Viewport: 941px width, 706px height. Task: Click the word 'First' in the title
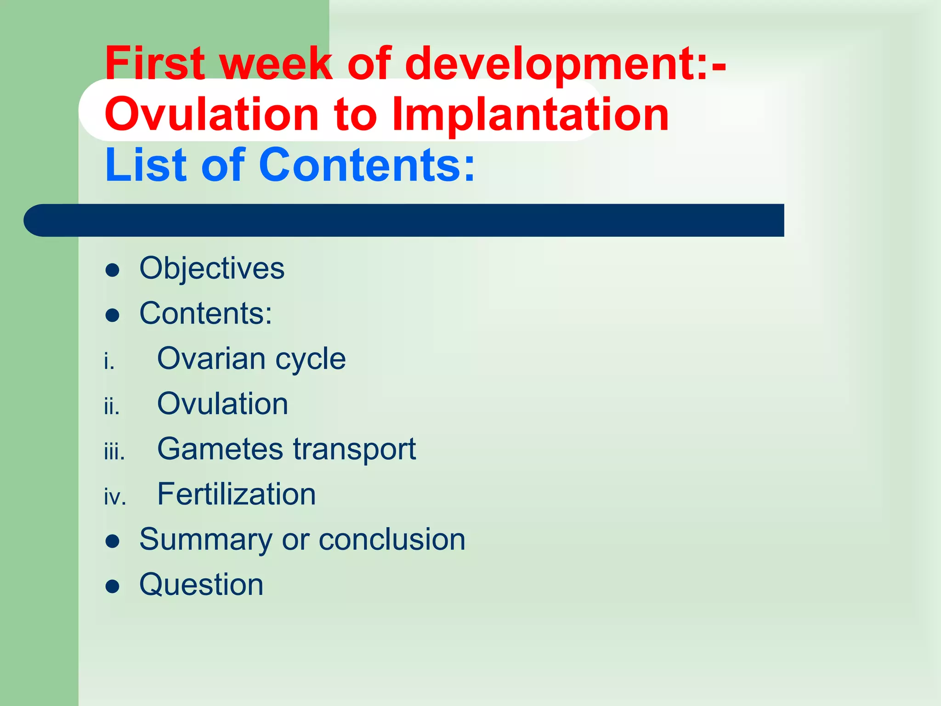click(x=154, y=63)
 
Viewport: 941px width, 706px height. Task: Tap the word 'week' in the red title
click(x=276, y=63)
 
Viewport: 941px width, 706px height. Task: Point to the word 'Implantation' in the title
click(x=530, y=115)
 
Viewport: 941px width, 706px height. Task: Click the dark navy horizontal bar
click(x=404, y=220)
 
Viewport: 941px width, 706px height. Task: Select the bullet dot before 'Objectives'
click(x=113, y=270)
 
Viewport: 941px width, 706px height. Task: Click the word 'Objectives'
click(x=212, y=268)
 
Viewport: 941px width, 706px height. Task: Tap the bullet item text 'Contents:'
click(x=206, y=313)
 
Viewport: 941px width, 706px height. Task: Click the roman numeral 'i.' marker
click(x=109, y=362)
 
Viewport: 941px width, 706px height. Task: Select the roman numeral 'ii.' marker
click(x=112, y=407)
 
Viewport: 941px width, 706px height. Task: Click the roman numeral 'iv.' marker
click(x=115, y=497)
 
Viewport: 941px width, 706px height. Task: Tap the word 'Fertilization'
click(x=237, y=494)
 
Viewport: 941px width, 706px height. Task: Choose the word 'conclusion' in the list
click(x=392, y=539)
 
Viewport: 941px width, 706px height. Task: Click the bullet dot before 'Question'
click(x=113, y=586)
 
